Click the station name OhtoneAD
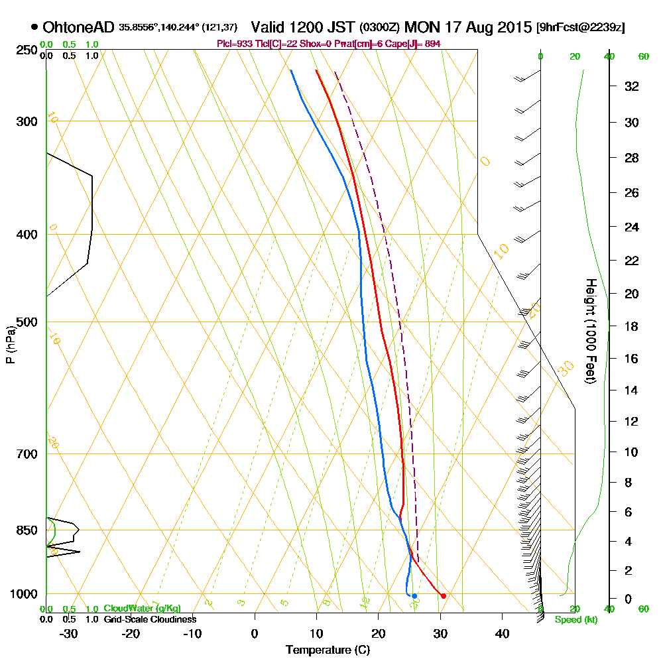[79, 28]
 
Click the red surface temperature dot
[443, 595]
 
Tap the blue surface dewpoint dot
[414, 595]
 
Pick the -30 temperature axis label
[69, 633]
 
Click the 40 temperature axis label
[502, 633]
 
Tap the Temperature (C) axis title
[327, 650]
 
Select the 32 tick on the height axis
[632, 86]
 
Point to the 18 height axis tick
[632, 326]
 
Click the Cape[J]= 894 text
[418, 44]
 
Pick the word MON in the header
[421, 28]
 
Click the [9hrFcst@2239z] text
[581, 28]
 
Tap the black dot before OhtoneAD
[34, 28]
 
